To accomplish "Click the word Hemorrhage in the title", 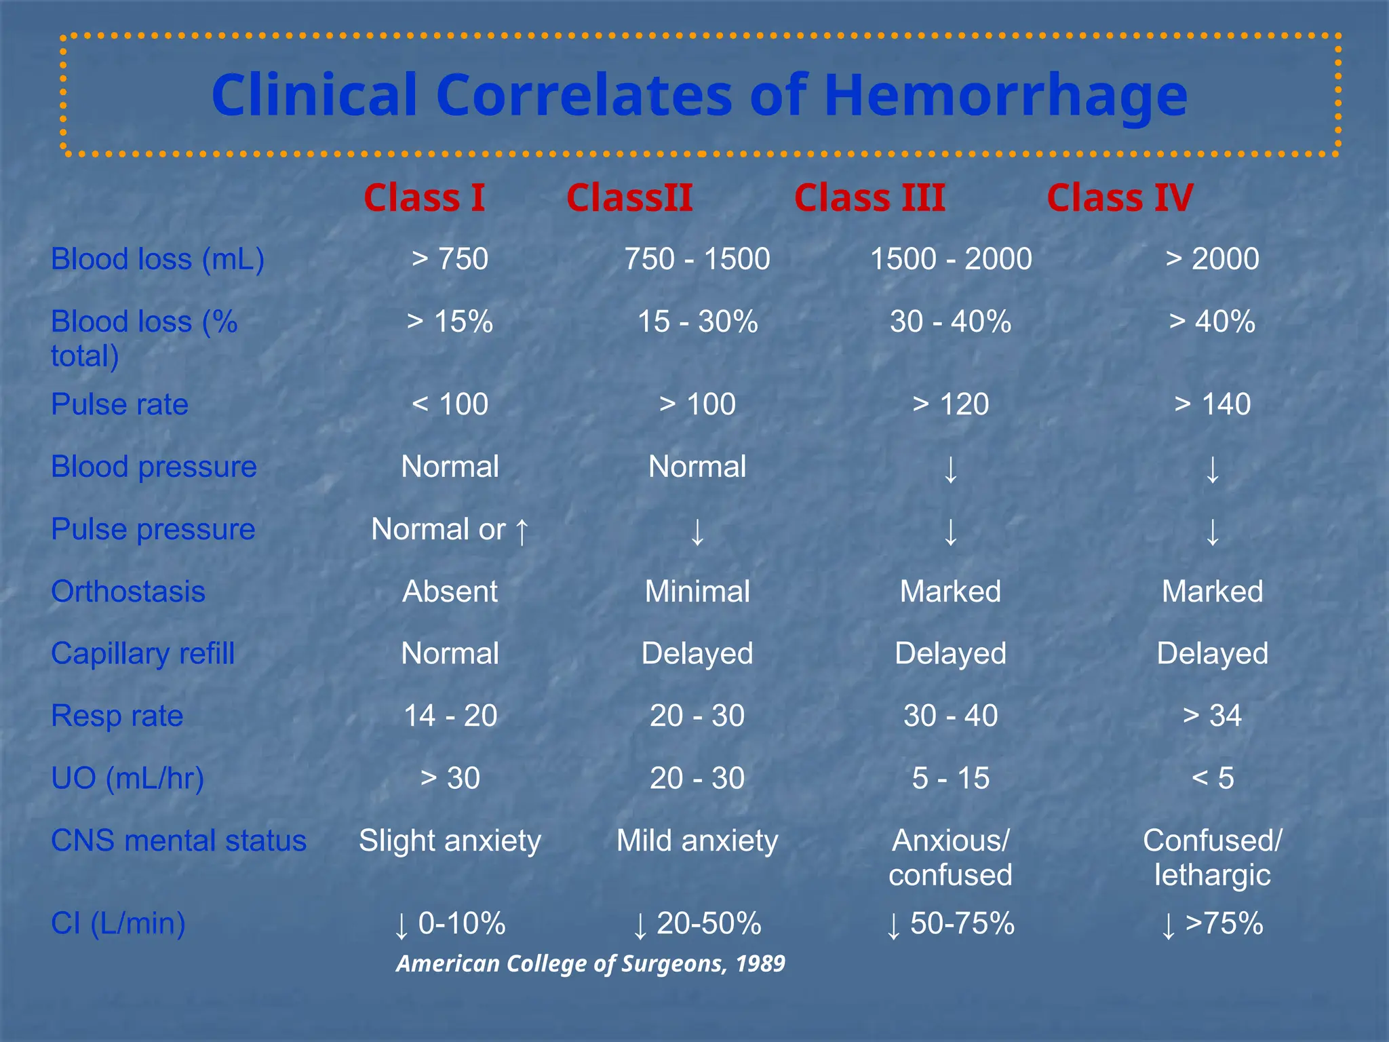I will pos(1005,96).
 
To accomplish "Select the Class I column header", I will pos(425,198).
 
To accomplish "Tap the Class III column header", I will pos(869,198).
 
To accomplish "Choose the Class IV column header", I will pos(1120,198).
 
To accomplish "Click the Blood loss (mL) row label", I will pos(157,259).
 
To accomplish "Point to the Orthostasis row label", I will pos(128,592).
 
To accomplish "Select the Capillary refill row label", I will pos(142,654).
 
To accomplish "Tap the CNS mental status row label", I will pos(178,841).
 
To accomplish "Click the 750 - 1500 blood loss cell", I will pos(697,259).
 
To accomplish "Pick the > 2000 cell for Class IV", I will pos(1212,259).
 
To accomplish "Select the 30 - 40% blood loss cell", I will pos(950,322).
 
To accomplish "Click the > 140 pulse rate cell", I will pos(1212,404).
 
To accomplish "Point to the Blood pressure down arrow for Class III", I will pos(951,469).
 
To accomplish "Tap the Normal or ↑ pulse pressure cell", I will pos(450,530).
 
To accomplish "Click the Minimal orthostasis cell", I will pos(697,592).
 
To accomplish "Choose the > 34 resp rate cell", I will pos(1212,716).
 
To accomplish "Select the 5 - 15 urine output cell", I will pos(950,778).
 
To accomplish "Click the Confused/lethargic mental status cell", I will pos(1212,857).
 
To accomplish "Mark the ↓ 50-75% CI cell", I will pos(950,924).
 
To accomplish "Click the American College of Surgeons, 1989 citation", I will pos(591,963).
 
